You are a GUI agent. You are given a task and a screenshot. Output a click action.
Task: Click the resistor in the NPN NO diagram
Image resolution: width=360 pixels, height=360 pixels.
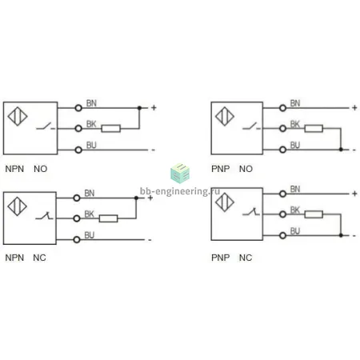111,129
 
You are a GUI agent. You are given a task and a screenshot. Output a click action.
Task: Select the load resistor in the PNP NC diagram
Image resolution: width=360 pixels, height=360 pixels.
314,214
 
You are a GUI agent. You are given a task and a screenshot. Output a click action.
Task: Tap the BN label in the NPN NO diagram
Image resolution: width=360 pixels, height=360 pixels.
91,103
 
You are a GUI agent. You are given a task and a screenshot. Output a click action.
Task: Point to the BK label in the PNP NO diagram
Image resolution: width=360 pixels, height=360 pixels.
295,124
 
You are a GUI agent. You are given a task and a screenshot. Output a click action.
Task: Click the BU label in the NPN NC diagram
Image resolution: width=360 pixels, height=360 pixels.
90,235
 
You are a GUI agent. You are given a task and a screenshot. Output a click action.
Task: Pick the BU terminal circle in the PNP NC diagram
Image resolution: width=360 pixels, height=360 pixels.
282,235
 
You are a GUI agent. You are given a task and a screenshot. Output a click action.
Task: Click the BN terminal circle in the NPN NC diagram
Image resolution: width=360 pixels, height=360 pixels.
77,198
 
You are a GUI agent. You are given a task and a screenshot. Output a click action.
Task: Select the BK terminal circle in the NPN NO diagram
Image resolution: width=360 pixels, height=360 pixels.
78,129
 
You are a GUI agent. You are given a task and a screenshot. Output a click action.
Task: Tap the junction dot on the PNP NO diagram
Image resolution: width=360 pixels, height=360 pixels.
341,150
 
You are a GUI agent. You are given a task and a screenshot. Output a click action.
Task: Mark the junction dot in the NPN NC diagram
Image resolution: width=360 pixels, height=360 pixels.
136,198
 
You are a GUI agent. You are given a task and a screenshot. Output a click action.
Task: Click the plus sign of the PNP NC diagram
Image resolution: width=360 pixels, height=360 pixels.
354,194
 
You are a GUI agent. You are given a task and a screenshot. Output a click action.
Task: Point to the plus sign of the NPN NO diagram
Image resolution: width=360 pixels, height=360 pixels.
154,108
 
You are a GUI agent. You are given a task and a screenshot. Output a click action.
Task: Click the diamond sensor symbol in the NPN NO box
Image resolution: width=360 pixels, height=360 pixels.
18,116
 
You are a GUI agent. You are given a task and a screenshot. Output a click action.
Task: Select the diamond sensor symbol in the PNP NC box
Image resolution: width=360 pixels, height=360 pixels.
225,202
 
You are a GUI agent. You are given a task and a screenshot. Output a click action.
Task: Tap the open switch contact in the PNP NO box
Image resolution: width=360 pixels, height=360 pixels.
251,126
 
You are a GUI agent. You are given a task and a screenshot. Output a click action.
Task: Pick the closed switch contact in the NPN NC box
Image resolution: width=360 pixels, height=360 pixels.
44,216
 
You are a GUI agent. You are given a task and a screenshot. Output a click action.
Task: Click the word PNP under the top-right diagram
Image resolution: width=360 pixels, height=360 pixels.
220,169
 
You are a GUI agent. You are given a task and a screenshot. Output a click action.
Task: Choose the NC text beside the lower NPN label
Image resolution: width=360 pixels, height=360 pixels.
39,258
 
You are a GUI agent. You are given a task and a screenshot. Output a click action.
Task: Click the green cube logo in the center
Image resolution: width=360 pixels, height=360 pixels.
180,174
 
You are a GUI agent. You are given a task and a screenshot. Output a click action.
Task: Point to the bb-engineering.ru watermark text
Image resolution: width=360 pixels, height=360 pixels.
180,191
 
